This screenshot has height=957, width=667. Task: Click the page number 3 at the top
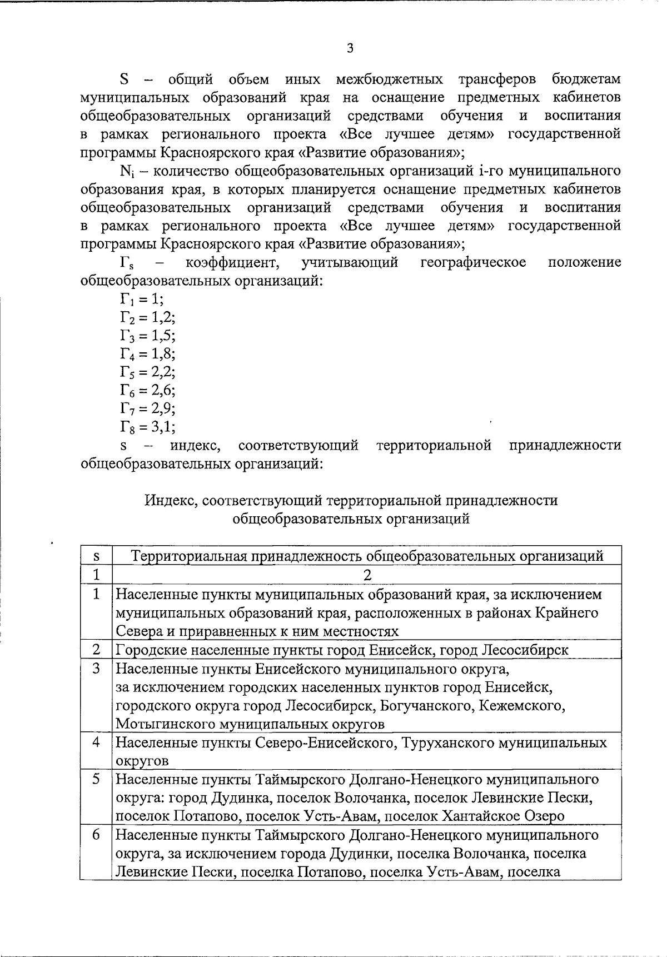350,48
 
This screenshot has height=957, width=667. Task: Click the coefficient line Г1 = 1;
142,299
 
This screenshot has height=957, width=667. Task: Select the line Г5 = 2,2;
147,372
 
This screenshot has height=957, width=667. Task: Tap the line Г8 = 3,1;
147,427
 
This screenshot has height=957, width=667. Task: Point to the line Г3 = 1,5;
147,336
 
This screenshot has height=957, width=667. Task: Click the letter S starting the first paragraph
125,79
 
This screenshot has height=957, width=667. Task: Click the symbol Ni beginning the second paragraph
125,171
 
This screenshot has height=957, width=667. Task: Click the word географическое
473,262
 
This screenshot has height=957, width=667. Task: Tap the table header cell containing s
96,556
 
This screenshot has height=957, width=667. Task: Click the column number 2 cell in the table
366,574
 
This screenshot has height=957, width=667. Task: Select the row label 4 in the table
96,742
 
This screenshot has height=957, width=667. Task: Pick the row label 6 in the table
96,835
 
